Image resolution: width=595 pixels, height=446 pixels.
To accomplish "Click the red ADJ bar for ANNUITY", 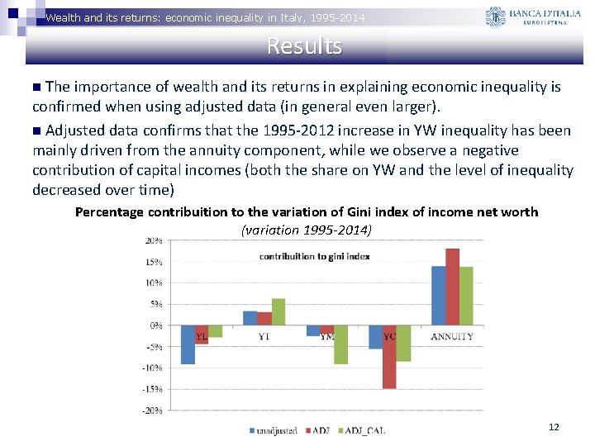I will [452, 287].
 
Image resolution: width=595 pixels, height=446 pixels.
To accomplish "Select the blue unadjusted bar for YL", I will [188, 344].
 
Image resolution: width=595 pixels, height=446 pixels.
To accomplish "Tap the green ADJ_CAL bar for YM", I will [340, 344].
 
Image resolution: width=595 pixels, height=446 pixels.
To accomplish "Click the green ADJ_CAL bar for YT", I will [278, 311].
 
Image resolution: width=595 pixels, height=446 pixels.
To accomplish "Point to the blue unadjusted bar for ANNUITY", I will [438, 296].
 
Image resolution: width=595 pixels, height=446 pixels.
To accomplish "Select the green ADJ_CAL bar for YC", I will [403, 343].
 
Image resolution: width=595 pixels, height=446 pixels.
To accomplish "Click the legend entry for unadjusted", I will [274, 429].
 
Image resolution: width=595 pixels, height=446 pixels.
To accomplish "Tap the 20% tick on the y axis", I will [154, 240].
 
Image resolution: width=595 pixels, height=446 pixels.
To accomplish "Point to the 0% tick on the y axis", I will [155, 325].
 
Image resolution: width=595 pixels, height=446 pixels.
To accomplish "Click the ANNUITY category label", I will [452, 336].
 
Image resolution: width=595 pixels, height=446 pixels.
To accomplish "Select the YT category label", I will [264, 336].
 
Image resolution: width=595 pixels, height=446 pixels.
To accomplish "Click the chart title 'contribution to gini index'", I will [314, 256].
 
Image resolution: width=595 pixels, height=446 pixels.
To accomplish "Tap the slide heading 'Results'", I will [304, 46].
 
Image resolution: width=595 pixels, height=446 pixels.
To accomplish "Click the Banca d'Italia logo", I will [532, 17].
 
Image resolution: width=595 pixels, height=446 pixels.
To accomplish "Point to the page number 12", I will [554, 427].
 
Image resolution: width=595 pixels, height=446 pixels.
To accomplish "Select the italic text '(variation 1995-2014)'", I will [307, 229].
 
